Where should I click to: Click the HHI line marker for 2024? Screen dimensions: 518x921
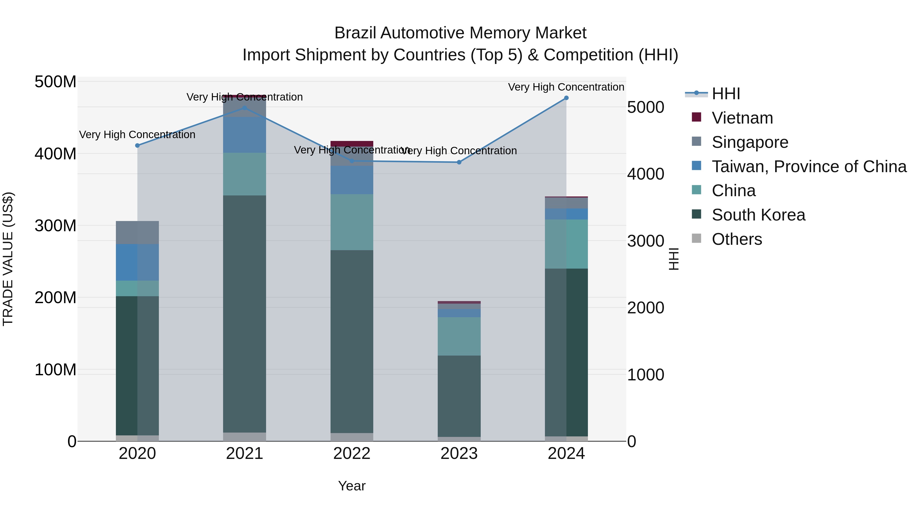(566, 98)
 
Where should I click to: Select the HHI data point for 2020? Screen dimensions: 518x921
(137, 146)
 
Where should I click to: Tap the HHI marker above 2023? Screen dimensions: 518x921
(459, 162)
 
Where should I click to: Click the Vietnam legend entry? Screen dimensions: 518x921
(742, 118)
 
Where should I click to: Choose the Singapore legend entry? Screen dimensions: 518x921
(750, 142)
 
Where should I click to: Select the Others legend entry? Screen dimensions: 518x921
(737, 239)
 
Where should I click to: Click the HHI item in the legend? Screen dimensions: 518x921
(726, 94)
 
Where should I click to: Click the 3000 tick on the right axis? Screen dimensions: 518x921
(646, 241)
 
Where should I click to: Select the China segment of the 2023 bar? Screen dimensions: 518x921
(459, 336)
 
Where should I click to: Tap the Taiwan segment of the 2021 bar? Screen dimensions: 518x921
(245, 135)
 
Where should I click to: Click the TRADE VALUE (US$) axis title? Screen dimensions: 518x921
(8, 259)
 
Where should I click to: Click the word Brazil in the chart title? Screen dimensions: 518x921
(355, 33)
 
